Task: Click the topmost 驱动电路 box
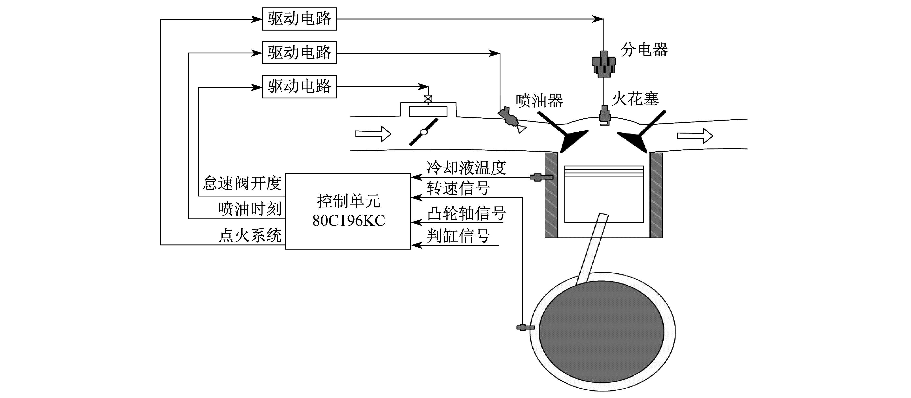(299, 19)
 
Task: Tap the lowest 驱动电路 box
(299, 87)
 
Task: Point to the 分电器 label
(644, 49)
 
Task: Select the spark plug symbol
(604, 115)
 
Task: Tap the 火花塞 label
(636, 98)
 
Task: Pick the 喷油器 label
(539, 101)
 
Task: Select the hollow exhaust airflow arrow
(695, 136)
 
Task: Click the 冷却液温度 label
(466, 168)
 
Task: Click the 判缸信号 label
(458, 236)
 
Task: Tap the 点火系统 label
(250, 235)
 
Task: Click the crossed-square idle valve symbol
(428, 99)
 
